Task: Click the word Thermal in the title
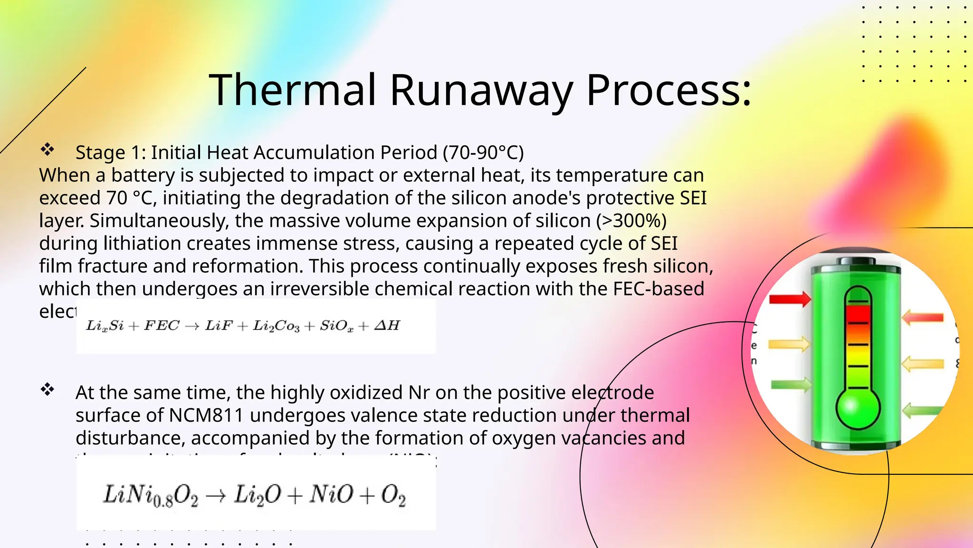tap(293, 90)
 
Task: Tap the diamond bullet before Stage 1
tap(47, 150)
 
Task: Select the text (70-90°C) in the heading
tap(483, 153)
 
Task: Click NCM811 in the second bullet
tap(206, 415)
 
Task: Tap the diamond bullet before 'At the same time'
tap(47, 390)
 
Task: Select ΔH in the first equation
tap(387, 326)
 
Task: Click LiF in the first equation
tap(219, 326)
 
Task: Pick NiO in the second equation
tap(331, 495)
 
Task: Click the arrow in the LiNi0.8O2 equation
tap(216, 496)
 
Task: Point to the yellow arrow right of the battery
tap(922, 364)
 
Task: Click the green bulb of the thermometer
tap(858, 408)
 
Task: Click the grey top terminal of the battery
tap(855, 262)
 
